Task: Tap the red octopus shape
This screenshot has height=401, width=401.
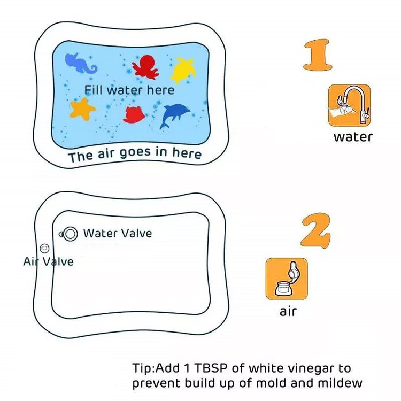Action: [145, 67]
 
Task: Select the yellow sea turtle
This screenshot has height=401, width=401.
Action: [183, 70]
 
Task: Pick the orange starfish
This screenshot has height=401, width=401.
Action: [82, 109]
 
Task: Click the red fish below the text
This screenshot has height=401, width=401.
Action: [134, 114]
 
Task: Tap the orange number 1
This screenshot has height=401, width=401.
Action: [317, 55]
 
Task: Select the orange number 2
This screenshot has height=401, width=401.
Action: [315, 230]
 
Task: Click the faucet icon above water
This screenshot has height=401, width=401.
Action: [349, 105]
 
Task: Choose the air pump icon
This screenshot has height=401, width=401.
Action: [287, 279]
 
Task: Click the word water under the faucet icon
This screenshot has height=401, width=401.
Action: [353, 137]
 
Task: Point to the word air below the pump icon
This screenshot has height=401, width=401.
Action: [288, 312]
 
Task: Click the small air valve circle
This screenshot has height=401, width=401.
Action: [45, 248]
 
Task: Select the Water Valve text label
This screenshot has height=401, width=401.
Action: [118, 233]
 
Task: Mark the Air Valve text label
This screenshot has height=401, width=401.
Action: [48, 261]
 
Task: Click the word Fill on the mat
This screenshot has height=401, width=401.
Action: [94, 90]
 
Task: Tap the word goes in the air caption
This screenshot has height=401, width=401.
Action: [135, 153]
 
